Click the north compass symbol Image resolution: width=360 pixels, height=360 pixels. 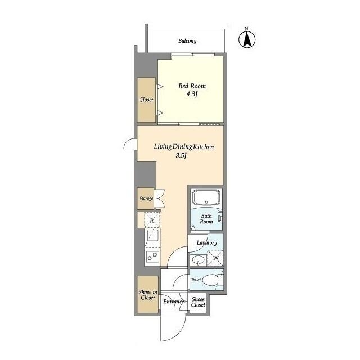(247, 39)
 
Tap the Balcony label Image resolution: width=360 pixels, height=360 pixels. (187, 41)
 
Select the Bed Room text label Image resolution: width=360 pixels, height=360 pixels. (192, 86)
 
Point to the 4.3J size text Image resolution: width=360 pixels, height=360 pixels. (192, 94)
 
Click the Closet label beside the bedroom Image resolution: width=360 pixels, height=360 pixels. (146, 100)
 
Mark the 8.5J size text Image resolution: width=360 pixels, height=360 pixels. (181, 156)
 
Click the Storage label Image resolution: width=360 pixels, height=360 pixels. (146, 199)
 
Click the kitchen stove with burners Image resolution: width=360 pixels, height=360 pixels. (152, 256)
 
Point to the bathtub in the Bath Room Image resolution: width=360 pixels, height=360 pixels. (206, 199)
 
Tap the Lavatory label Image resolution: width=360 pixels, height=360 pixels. (206, 243)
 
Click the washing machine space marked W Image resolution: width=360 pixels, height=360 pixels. (215, 258)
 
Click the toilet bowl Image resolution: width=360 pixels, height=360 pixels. (212, 280)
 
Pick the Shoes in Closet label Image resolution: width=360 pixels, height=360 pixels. (147, 294)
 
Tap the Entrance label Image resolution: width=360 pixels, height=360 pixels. (173, 302)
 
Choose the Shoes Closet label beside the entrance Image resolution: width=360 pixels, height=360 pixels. (198, 302)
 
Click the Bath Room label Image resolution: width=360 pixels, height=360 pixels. (206, 219)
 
